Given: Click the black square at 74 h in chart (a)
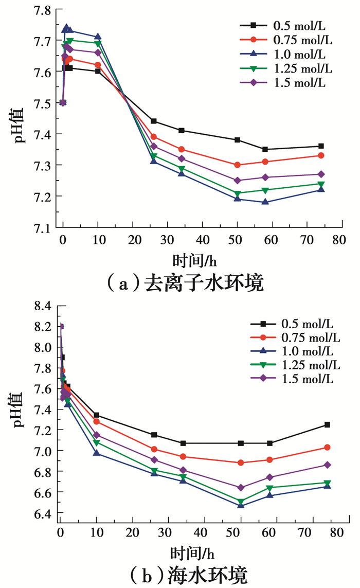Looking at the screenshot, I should [321, 146].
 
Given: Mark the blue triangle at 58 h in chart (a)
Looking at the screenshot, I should [265, 202].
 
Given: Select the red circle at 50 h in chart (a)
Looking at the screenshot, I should [237, 165].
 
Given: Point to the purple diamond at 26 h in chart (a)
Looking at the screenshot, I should [153, 146].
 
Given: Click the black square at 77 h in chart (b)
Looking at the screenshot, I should [327, 424].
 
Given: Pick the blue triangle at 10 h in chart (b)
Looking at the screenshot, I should [96, 453].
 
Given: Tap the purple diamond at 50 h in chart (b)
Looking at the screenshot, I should [241, 487].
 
